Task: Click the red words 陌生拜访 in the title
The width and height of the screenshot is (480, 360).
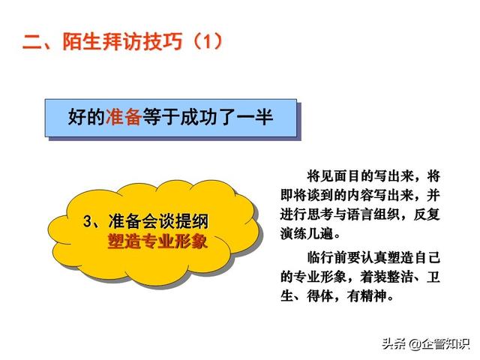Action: click(103, 41)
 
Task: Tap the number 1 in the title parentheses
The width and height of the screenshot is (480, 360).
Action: click(208, 41)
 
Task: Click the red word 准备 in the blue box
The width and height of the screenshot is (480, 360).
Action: click(124, 117)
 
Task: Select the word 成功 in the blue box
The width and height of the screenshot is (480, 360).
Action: click(198, 117)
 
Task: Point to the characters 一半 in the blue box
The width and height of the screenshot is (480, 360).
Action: click(255, 117)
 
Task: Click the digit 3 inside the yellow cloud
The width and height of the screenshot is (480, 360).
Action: click(88, 221)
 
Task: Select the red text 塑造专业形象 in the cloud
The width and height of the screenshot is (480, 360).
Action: click(158, 241)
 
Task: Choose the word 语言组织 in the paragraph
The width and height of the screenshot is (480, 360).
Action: click(373, 214)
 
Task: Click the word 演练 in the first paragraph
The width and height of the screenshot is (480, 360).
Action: click(293, 233)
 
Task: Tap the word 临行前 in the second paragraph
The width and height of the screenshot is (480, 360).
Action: click(327, 257)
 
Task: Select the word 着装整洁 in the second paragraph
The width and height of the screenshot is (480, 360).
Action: click(386, 277)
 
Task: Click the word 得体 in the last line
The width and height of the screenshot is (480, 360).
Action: click(320, 296)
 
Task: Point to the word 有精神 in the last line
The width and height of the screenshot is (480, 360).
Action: click(367, 296)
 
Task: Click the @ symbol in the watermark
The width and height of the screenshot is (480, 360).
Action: click(414, 344)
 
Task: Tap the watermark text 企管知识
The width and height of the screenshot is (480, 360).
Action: click(445, 344)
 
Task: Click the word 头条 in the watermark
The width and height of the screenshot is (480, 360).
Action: click(395, 344)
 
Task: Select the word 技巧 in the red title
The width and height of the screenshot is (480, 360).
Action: click(163, 41)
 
